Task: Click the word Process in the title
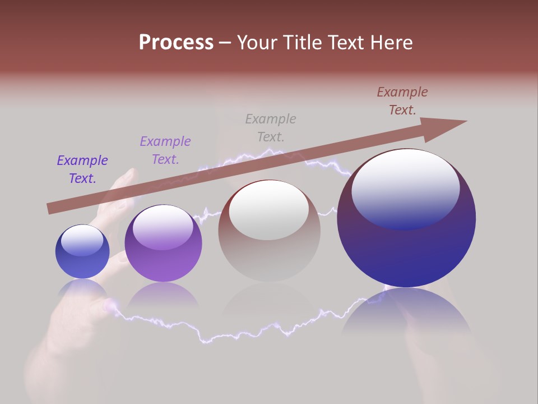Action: (176, 43)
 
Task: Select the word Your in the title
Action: (259, 43)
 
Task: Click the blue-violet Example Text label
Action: (82, 169)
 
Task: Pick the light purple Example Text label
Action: (165, 150)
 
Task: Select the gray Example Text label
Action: (271, 128)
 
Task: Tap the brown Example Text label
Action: (402, 101)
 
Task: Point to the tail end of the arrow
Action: (50, 208)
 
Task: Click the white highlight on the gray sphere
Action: (269, 210)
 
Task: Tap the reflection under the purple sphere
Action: (163, 295)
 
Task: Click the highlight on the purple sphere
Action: (163, 228)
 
